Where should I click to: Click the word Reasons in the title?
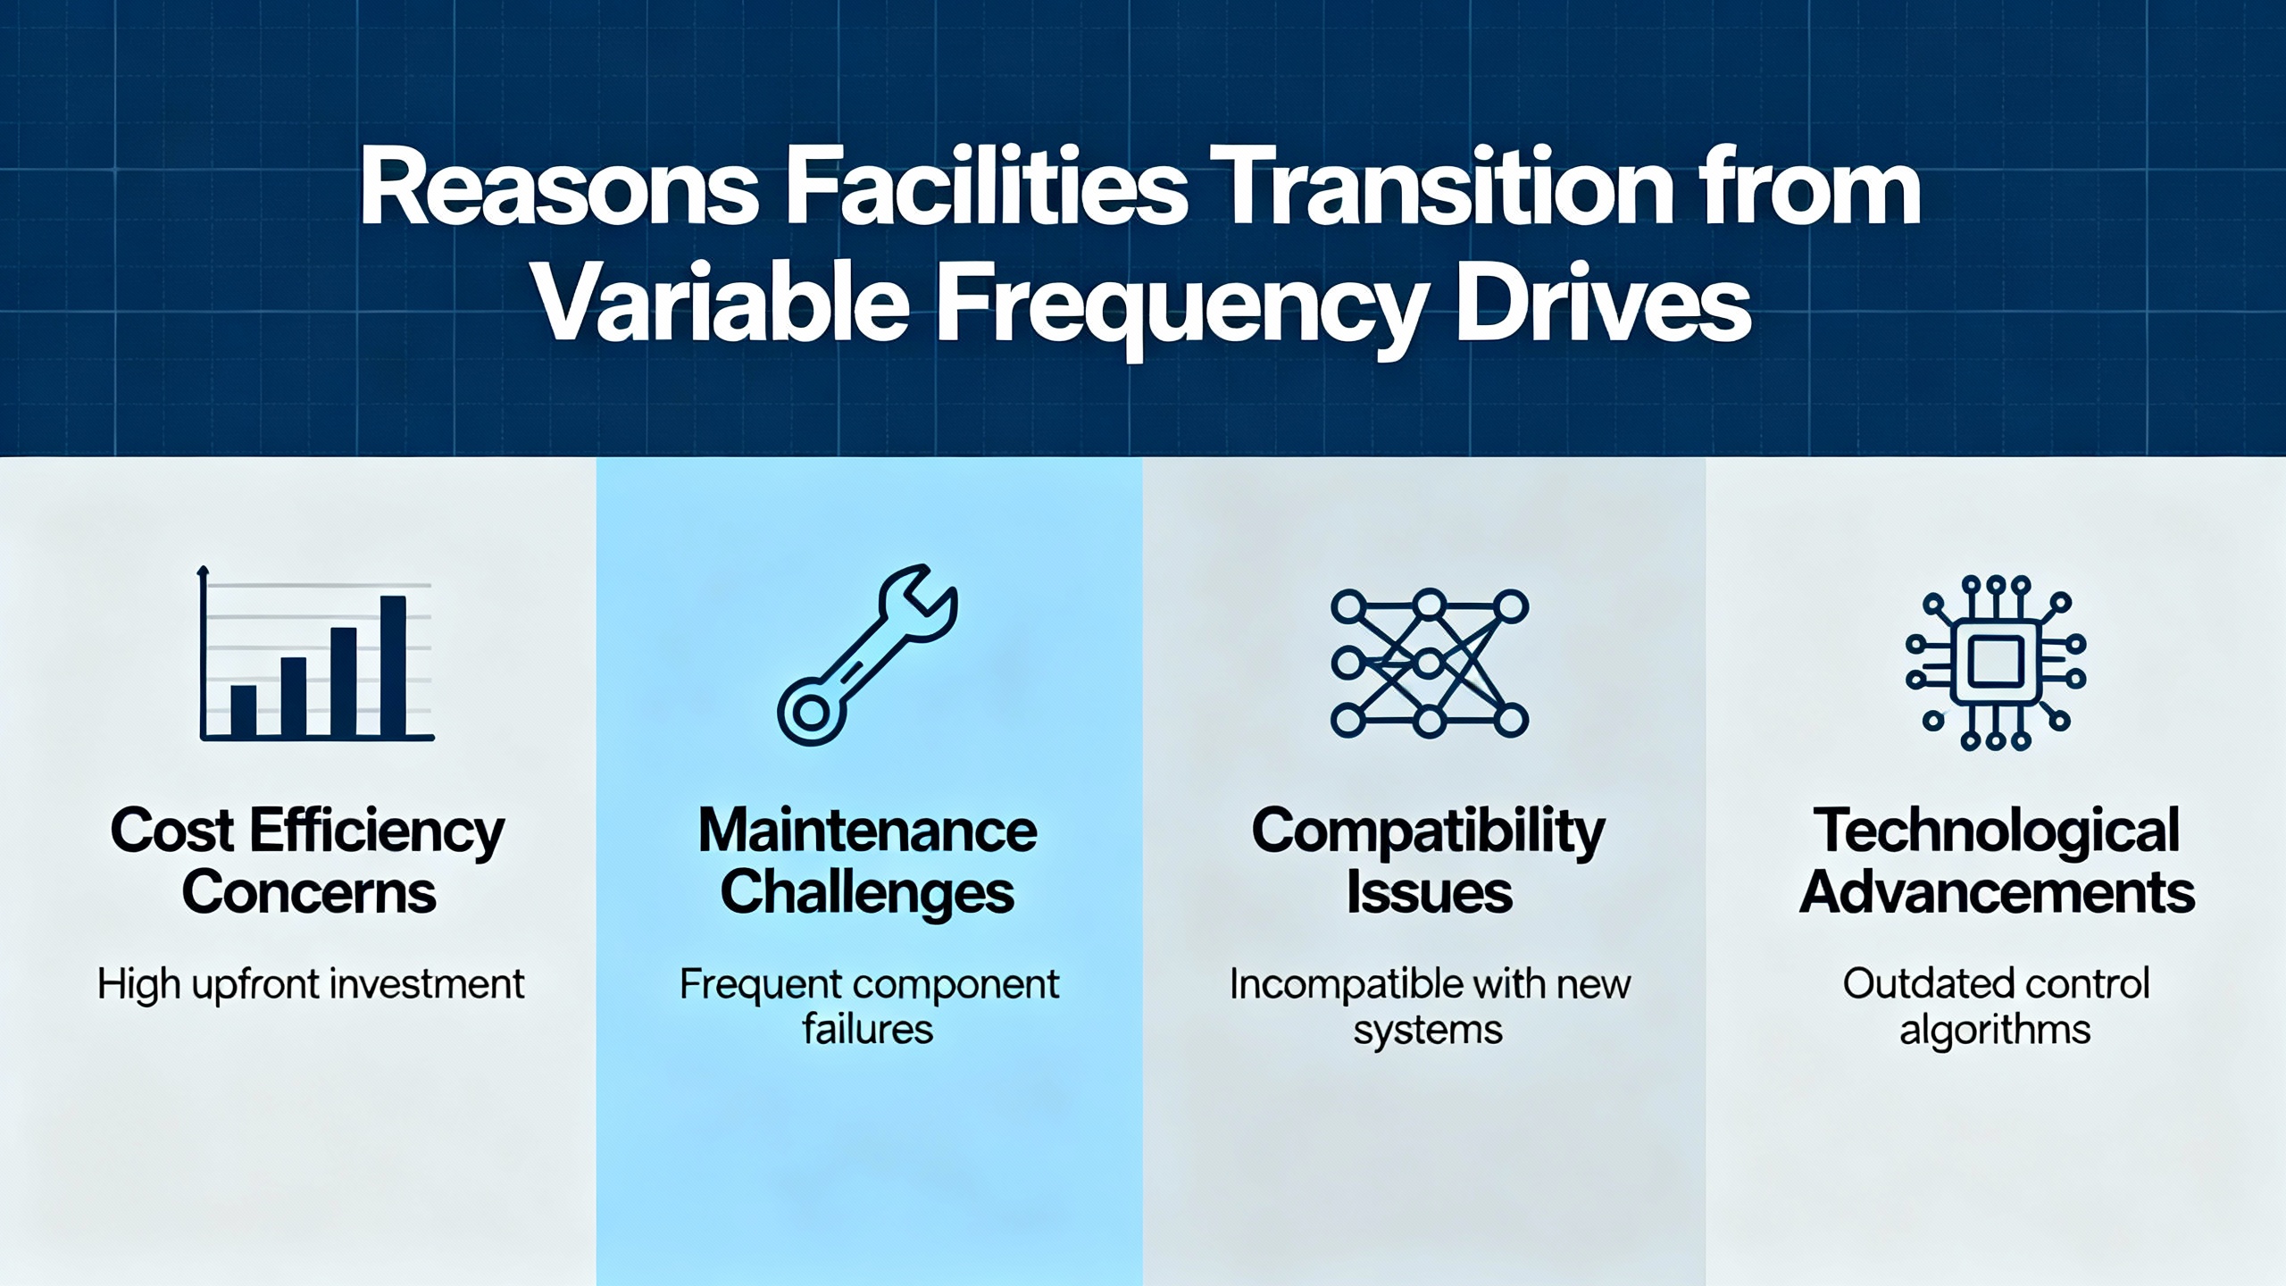pyautogui.click(x=559, y=188)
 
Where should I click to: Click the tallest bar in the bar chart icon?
pyautogui.click(x=393, y=665)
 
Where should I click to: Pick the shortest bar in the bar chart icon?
pyautogui.click(x=243, y=711)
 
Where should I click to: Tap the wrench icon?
pyautogui.click(x=867, y=655)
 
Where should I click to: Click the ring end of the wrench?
pyautogui.click(x=811, y=713)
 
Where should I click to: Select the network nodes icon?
pyautogui.click(x=1429, y=664)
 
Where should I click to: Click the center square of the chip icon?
pyautogui.click(x=1996, y=663)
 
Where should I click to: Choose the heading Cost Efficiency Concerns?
pyautogui.click(x=308, y=861)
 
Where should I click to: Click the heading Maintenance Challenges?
pyautogui.click(x=867, y=861)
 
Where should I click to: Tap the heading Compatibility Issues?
pyautogui.click(x=1429, y=861)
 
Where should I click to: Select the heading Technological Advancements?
pyautogui.click(x=1997, y=861)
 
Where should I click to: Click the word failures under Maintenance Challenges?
pyautogui.click(x=867, y=1030)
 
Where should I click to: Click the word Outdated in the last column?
pyautogui.click(x=1915, y=984)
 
